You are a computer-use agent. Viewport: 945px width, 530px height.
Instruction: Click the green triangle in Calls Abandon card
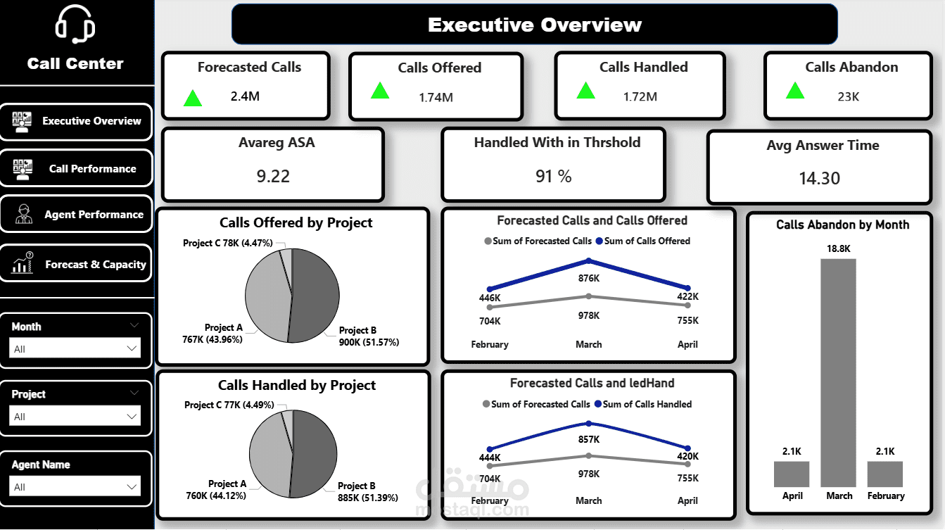pyautogui.click(x=795, y=90)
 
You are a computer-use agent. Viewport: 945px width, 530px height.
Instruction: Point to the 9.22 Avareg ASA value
pyautogui.click(x=273, y=176)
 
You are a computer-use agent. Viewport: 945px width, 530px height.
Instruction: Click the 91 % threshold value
pyautogui.click(x=553, y=176)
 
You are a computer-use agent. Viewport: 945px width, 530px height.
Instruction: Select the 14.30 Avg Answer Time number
pyautogui.click(x=819, y=179)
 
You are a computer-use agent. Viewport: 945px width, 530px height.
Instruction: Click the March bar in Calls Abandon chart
pyautogui.click(x=838, y=372)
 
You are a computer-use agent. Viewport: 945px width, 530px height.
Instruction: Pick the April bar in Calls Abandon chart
pyautogui.click(x=792, y=474)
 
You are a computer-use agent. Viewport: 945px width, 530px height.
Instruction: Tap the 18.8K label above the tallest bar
pyautogui.click(x=838, y=248)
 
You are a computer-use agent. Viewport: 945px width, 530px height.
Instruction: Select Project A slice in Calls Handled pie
pyautogui.click(x=270, y=450)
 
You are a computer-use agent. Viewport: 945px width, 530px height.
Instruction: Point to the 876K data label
pyautogui.click(x=589, y=278)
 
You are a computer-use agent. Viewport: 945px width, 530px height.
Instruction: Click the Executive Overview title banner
pyautogui.click(x=534, y=25)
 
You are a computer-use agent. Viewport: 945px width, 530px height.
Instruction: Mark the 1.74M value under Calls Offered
pyautogui.click(x=436, y=97)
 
